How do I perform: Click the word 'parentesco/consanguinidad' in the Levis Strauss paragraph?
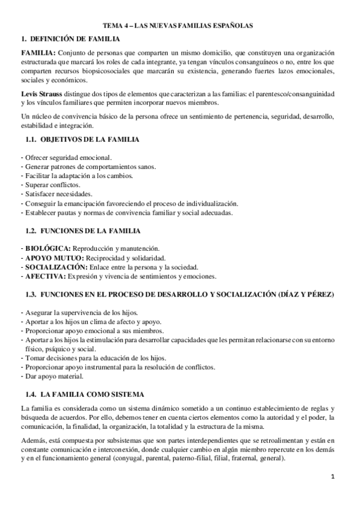(292, 96)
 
